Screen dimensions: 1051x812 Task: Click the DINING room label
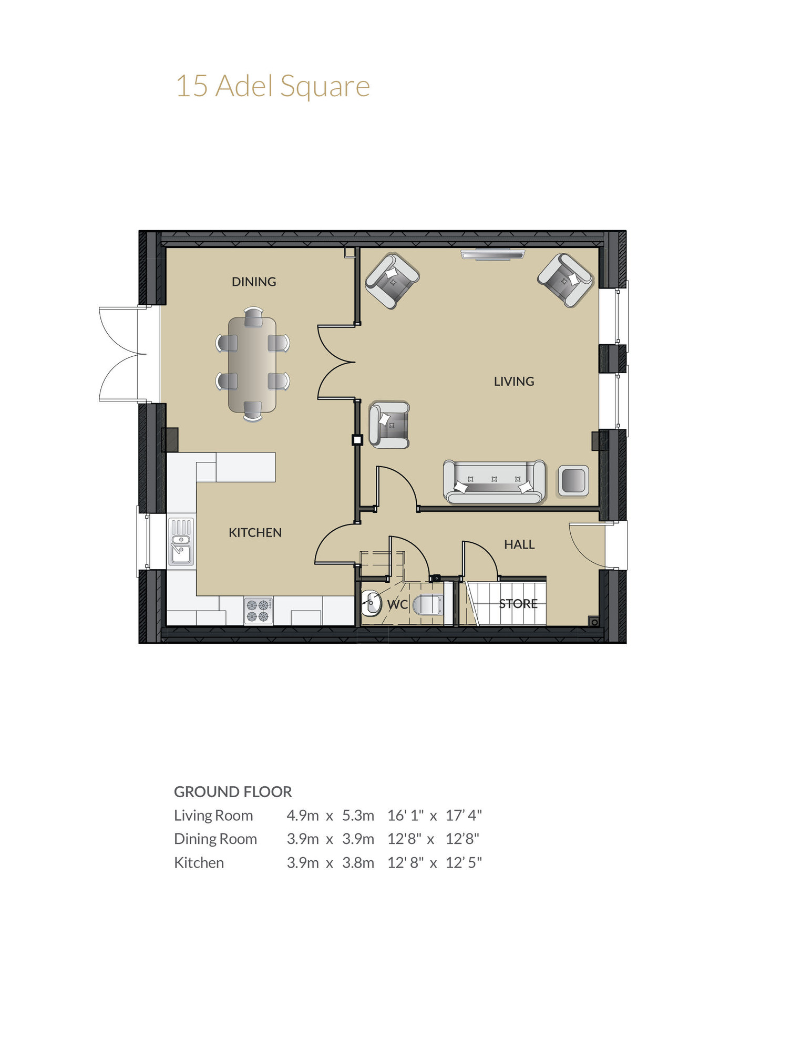click(x=254, y=282)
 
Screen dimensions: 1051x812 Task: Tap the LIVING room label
click(x=513, y=382)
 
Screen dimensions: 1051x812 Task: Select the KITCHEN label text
click(x=255, y=532)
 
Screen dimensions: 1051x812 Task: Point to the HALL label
click(x=519, y=544)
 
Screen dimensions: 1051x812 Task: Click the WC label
click(x=397, y=604)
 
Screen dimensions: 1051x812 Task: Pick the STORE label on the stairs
click(x=518, y=604)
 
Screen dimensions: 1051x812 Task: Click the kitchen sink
click(x=181, y=542)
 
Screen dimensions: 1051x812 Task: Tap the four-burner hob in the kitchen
click(x=258, y=611)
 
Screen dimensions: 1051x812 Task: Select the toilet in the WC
click(x=428, y=605)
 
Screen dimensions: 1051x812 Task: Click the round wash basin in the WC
click(x=372, y=603)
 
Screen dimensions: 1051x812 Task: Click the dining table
click(x=252, y=364)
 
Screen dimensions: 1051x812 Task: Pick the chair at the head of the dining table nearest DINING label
click(x=253, y=317)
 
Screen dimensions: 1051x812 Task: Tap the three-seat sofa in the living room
click(x=494, y=481)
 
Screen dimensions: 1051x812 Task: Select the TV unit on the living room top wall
click(x=492, y=254)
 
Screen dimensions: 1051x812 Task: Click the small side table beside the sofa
click(x=573, y=480)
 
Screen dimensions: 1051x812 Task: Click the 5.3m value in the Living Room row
click(x=358, y=815)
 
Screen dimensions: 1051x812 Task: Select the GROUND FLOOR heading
click(x=233, y=791)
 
